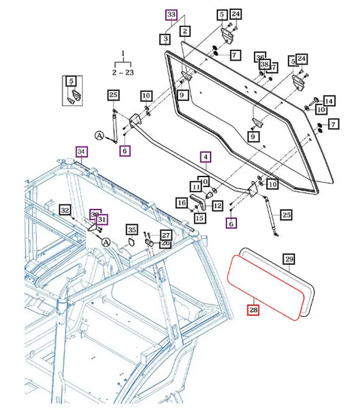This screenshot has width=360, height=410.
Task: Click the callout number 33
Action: coord(171,14)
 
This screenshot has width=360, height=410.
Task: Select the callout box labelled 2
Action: coord(184,30)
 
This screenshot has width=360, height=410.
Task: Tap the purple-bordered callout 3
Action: coord(165,39)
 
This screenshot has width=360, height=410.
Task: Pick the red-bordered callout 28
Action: coord(253,309)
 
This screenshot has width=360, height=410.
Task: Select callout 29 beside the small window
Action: coord(289,258)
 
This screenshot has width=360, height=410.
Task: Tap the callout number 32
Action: coord(65,210)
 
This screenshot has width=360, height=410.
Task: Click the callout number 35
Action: coord(132,230)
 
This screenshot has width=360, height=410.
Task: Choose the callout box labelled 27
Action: coord(166,235)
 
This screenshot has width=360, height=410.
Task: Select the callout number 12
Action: coord(218,206)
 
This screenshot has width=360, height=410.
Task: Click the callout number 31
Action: coord(102,219)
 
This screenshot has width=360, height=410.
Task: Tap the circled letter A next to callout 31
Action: coord(106,242)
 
